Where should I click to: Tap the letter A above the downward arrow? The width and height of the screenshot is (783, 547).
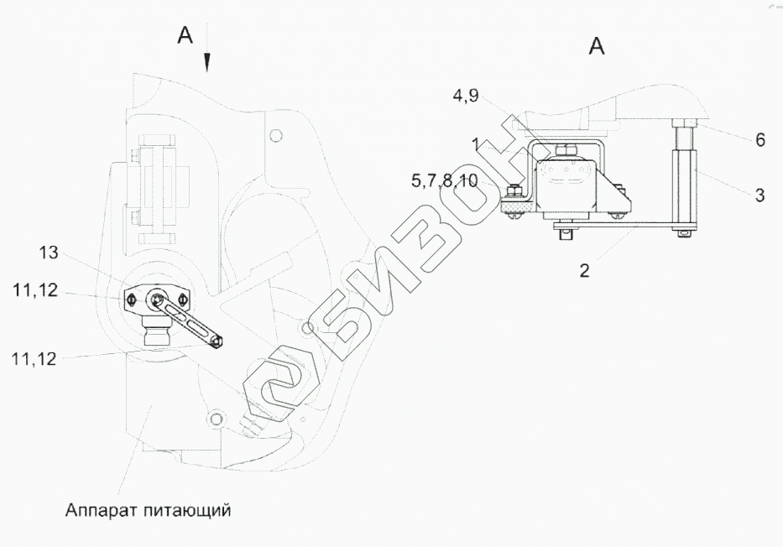185,35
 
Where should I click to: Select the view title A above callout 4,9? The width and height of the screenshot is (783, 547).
597,46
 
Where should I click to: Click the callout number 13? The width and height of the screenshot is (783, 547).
49,253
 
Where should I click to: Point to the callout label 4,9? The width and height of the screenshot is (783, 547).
466,96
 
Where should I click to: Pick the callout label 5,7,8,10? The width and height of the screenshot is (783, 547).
445,180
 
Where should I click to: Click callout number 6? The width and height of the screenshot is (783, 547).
760,140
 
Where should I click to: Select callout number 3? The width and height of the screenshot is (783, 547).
760,195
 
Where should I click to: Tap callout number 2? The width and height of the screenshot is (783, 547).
584,271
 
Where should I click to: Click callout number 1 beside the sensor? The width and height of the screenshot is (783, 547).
477,144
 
